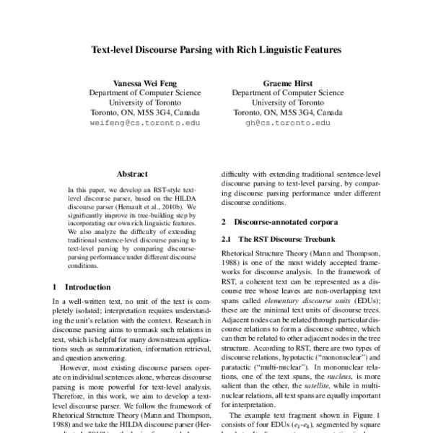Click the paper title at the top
216,52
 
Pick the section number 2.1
225,239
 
